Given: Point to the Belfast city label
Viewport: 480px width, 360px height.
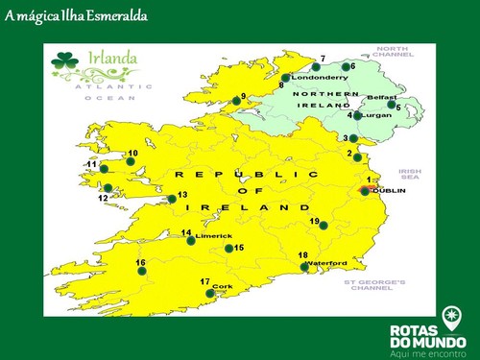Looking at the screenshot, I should click(380, 97).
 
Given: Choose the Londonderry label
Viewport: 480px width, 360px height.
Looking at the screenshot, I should click(318, 76).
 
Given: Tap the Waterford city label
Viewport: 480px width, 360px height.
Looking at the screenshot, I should click(327, 262).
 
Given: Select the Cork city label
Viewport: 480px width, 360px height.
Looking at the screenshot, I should click(222, 286).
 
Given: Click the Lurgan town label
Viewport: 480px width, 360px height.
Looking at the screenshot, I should click(376, 114).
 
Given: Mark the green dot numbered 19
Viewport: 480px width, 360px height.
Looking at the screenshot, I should click(324, 226).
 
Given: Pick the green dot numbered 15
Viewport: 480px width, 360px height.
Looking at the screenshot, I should click(228, 249).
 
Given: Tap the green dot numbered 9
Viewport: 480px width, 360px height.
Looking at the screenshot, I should click(237, 100).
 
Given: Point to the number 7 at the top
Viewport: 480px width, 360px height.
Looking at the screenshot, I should click(323, 59).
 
